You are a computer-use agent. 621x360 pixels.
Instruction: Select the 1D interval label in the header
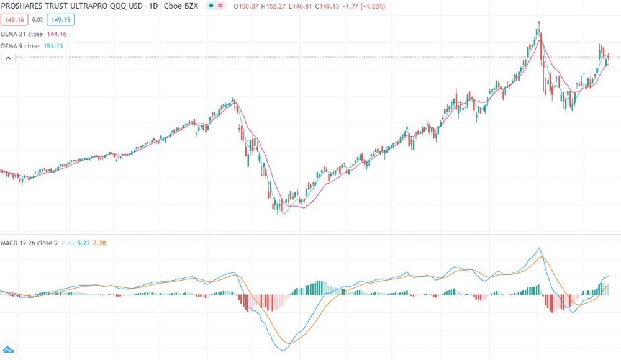pos(151,6)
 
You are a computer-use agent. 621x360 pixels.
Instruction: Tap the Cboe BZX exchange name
pos(180,6)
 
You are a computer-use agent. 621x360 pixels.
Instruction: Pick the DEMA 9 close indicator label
pos(21,46)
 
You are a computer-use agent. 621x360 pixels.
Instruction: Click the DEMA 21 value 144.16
pos(57,34)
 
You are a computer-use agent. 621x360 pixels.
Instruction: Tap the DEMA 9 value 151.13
pos(53,46)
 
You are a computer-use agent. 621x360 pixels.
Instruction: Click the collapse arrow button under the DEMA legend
pos(9,58)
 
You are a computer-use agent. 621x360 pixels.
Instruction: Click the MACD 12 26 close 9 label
pos(29,243)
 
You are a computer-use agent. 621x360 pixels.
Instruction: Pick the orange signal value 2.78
pos(99,243)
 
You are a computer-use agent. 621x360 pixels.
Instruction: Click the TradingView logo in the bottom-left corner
pos(9,349)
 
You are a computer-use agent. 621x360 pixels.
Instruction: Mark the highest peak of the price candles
pos(538,22)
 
